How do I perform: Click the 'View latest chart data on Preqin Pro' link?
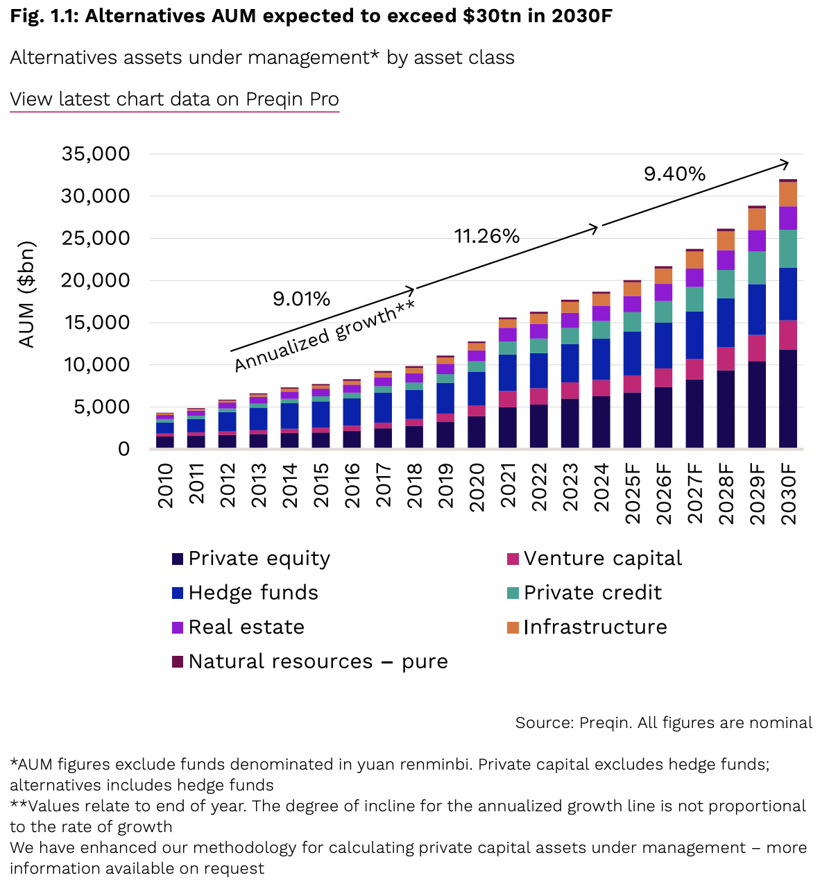point(174,99)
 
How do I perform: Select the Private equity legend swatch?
point(178,559)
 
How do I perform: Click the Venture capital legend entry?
point(602,559)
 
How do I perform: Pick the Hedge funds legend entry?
point(253,593)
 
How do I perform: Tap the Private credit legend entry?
point(592,593)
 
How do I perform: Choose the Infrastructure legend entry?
point(595,627)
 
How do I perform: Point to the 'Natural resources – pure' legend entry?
point(317,661)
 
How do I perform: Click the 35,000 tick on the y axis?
point(96,153)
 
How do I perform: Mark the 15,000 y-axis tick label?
point(96,323)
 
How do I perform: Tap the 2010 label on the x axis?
point(165,486)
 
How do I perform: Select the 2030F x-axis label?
point(788,493)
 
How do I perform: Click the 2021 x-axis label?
point(508,486)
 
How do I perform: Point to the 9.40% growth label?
point(674,174)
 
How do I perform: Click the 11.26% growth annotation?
point(487,237)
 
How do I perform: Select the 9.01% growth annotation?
point(301,299)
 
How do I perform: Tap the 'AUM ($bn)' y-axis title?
point(26,294)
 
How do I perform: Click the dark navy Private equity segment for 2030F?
point(788,399)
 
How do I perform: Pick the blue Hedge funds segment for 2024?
point(601,359)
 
